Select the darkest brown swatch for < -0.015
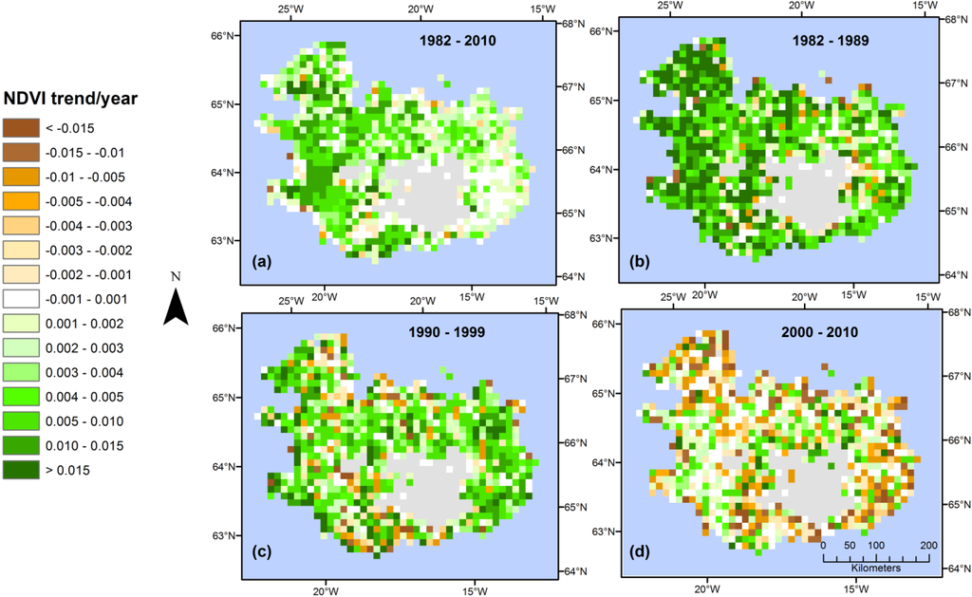[x=20, y=127]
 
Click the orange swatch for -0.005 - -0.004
[x=20, y=200]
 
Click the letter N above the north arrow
[x=175, y=275]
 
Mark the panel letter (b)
[x=637, y=262]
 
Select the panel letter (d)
[x=639, y=555]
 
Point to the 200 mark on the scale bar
[x=928, y=545]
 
